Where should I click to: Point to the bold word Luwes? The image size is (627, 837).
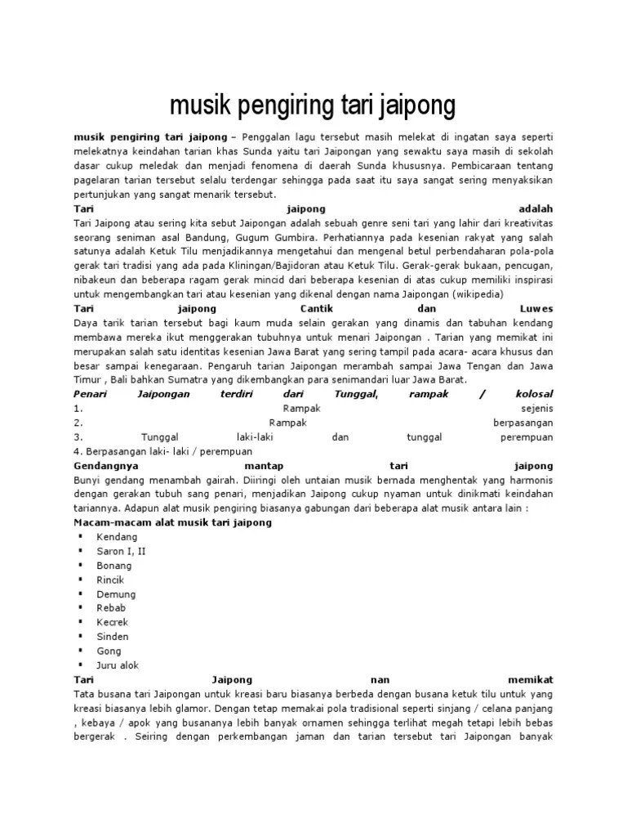[x=536, y=309]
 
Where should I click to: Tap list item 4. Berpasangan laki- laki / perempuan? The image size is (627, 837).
[x=163, y=451]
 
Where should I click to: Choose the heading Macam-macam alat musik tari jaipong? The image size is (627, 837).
[x=172, y=522]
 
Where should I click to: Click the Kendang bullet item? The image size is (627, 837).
[x=117, y=537]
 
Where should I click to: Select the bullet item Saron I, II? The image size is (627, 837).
[x=121, y=551]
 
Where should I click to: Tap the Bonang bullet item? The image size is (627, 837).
[x=113, y=566]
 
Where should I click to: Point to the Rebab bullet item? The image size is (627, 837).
[x=110, y=608]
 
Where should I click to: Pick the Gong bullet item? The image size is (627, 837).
[x=109, y=651]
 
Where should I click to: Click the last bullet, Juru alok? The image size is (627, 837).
[x=118, y=665]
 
